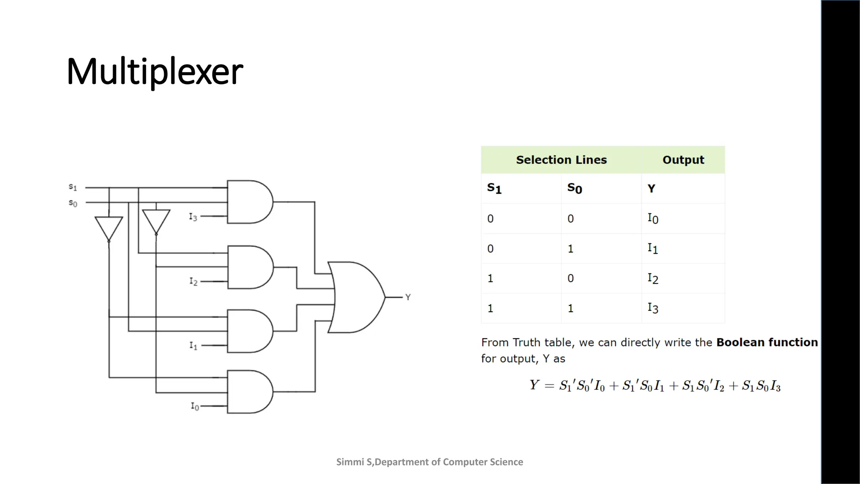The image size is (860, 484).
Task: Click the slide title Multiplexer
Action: tap(155, 71)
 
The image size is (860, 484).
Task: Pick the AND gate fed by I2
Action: tap(250, 267)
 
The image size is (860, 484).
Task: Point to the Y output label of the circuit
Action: tap(408, 297)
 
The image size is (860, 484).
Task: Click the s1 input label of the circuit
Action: tap(73, 187)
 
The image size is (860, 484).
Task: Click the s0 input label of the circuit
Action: tap(73, 203)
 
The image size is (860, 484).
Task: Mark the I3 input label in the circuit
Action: tap(193, 217)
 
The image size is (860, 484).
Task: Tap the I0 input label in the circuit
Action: tap(195, 406)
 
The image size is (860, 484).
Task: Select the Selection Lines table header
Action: tap(561, 160)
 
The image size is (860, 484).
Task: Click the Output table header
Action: tap(683, 160)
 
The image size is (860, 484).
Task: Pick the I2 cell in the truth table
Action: tap(653, 279)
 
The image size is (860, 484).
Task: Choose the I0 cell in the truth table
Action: tap(653, 218)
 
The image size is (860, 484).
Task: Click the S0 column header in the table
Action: tap(574, 188)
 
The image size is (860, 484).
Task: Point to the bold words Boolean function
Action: tap(767, 342)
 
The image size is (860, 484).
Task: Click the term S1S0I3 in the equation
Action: tap(761, 386)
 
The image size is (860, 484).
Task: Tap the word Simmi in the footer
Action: tap(350, 462)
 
